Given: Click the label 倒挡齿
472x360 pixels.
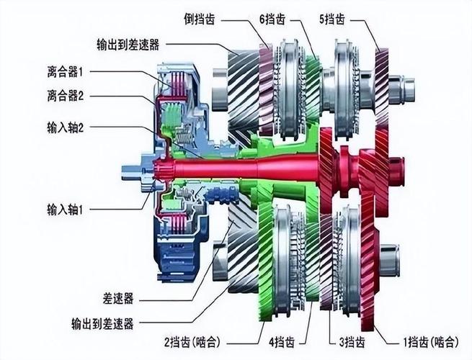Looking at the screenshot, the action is coord(200,20).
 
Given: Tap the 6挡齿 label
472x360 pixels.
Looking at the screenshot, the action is coord(272,19).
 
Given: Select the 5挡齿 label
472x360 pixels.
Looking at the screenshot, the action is coord(332,19).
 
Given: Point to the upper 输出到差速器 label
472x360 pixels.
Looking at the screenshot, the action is coord(128,45).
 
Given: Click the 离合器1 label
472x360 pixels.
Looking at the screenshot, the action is coord(65,72).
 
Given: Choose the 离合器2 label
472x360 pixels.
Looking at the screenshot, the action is coord(65,96).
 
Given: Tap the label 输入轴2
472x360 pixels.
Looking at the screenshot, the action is coord(65,128).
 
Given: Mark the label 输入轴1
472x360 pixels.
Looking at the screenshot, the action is coord(65,210).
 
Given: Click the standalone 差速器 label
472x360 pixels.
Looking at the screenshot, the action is coord(117,299).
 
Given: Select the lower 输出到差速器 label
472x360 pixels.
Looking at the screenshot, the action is coord(102,324).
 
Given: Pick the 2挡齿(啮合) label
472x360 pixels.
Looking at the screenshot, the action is coord(192,342).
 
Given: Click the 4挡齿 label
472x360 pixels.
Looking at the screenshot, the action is coord(282,342).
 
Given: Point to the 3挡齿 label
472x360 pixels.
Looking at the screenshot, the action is coord(352,342).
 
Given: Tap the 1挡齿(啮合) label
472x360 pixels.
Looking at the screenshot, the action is coord(431,342).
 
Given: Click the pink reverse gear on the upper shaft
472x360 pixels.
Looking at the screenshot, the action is coord(266,89).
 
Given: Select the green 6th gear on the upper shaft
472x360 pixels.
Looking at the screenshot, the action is coord(312,87).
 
